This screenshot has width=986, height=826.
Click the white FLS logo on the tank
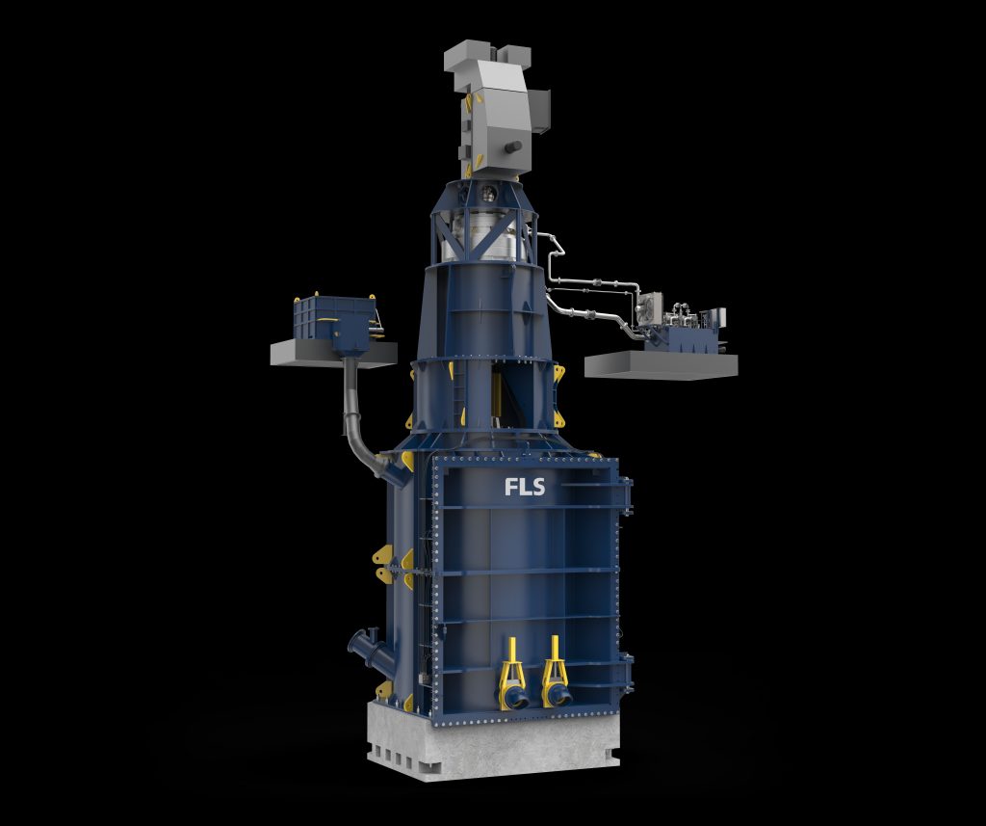click(525, 487)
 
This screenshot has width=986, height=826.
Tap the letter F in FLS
click(510, 487)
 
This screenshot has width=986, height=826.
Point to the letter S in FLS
click(537, 487)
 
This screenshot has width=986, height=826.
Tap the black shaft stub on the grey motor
click(512, 147)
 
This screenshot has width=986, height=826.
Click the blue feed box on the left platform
click(335, 322)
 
